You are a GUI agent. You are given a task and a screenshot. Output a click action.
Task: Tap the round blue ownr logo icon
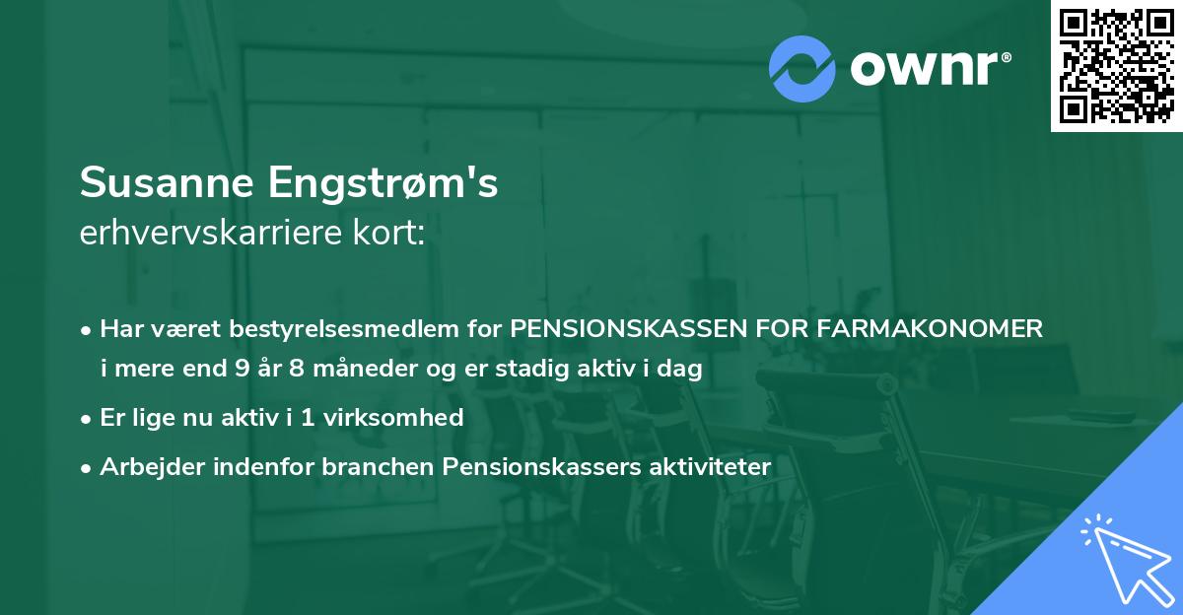point(802,68)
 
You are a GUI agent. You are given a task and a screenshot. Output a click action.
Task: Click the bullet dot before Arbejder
point(88,467)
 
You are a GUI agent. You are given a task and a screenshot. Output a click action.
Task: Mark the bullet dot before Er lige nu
point(88,418)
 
